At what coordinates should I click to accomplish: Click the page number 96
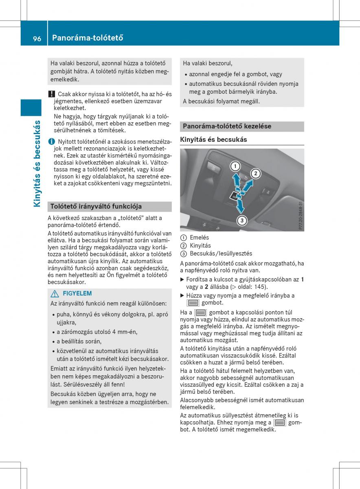click(x=37, y=38)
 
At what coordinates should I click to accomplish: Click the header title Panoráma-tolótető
click(x=88, y=38)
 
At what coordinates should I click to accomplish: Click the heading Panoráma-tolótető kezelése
click(x=227, y=126)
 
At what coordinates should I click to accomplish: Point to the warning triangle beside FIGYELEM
click(x=54, y=293)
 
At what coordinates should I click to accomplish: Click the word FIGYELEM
click(x=77, y=293)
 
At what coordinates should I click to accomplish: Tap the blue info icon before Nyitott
click(x=51, y=141)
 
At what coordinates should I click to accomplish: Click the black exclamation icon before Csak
click(x=51, y=94)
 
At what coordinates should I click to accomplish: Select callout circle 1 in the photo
click(x=235, y=166)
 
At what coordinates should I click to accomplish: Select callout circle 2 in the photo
click(x=255, y=174)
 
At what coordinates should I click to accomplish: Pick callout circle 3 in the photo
click(x=241, y=220)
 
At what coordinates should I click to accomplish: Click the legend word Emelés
click(x=199, y=238)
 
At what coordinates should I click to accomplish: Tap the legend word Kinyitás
click(x=200, y=245)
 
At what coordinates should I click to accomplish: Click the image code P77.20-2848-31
click(x=301, y=216)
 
